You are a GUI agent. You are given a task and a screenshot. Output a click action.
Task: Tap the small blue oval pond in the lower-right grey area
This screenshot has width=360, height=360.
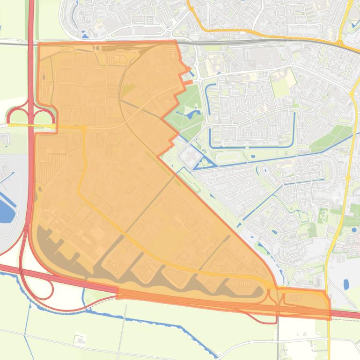coord(346,284)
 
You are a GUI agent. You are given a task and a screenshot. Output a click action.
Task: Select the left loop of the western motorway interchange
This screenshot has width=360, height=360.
coord(17,116)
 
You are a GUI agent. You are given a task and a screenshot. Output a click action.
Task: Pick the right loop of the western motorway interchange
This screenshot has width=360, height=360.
coord(44,116)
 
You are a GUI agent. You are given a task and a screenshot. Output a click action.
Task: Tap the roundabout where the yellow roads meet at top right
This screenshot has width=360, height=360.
coord(339,43)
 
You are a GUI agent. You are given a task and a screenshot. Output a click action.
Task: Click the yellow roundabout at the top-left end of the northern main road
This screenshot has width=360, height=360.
coord(191,7)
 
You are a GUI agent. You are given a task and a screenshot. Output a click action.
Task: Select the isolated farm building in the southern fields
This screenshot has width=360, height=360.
coord(79,338)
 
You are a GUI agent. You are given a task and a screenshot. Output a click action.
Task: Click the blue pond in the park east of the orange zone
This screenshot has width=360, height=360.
coord(191,113)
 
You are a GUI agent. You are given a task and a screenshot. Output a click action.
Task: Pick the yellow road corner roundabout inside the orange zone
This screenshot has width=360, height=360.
coord(84,127)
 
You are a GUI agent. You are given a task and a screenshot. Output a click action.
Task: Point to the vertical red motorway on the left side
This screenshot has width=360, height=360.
coord(31,70)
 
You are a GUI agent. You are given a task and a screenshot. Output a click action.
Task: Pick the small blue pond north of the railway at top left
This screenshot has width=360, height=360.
coord(84,35)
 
